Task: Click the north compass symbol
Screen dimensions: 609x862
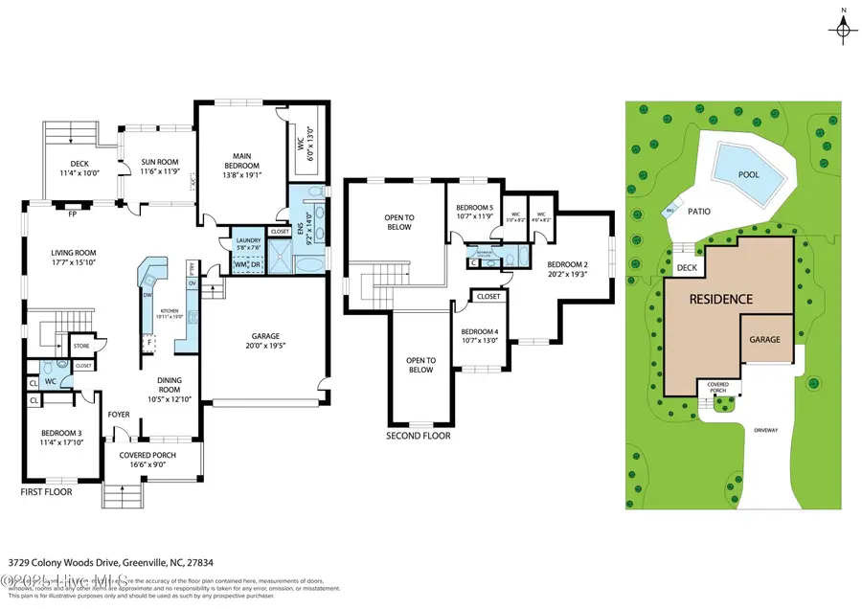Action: pos(841,31)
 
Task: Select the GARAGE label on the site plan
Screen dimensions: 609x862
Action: pos(764,339)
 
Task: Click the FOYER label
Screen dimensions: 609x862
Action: pos(119,415)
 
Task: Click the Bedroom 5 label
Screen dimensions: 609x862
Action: pos(474,208)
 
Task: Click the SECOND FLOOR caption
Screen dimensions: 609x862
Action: pos(418,436)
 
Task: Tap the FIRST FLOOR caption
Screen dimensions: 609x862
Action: pos(47,491)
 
